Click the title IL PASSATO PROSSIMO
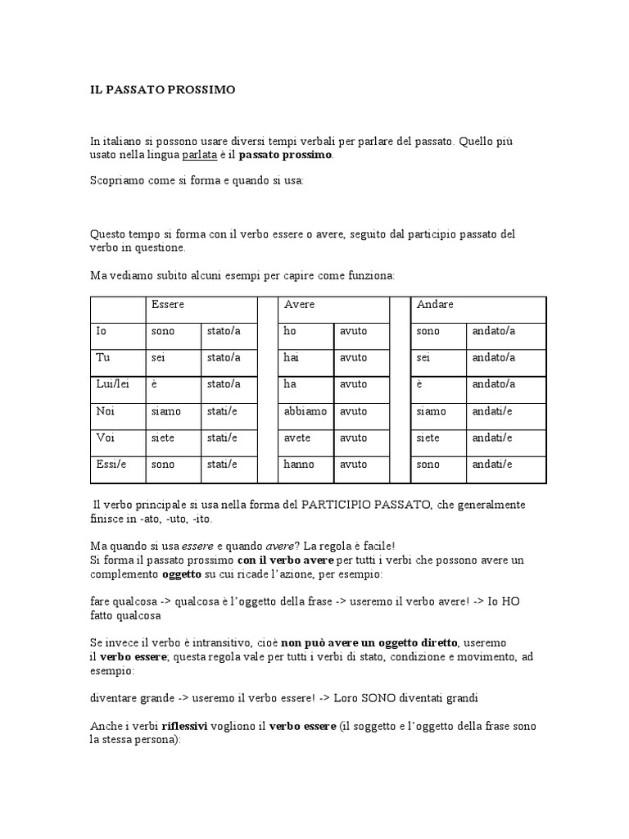[162, 90]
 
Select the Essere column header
[167, 305]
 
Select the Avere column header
[299, 305]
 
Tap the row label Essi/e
[111, 464]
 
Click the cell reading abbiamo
[305, 411]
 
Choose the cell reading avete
[297, 438]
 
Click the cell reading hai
[291, 358]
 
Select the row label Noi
[105, 411]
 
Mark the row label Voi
[105, 438]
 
